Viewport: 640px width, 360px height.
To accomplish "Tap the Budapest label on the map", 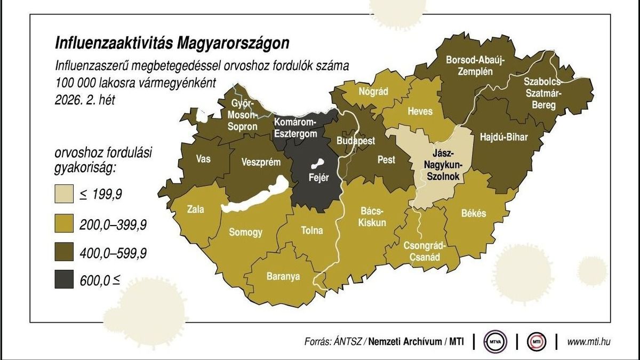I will click(356, 141).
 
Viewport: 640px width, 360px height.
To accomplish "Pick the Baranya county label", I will click(283, 276).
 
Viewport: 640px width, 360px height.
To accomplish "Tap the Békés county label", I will click(473, 213).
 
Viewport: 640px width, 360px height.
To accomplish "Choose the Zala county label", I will click(195, 209).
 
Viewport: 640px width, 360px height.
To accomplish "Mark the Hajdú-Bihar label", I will click(503, 137).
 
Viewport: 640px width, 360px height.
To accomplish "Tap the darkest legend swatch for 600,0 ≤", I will click(65, 278).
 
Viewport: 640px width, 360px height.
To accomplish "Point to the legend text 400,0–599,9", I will click(113, 252).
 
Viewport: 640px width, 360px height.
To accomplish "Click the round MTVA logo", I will click(495, 341).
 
